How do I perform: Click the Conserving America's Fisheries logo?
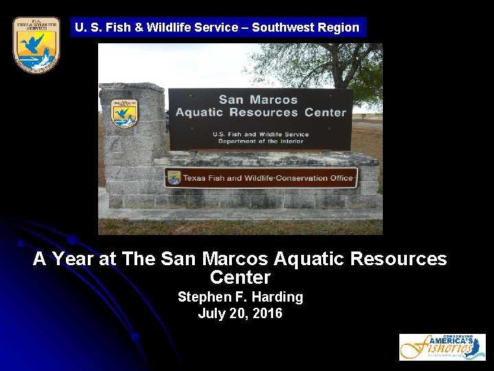click(442, 347)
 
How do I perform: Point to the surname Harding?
click(278, 297)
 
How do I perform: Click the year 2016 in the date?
click(267, 314)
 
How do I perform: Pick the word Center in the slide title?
click(240, 278)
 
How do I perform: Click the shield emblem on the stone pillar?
click(124, 115)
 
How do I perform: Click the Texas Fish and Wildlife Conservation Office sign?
click(261, 178)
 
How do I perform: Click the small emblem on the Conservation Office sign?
click(174, 178)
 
